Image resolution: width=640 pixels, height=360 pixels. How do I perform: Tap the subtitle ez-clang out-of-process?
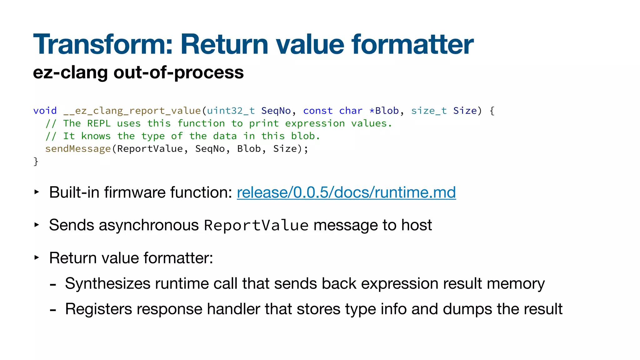pyautogui.click(x=138, y=72)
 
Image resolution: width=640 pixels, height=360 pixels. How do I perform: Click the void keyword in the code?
pyautogui.click(x=45, y=111)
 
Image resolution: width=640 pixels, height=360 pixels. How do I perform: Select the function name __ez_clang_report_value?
pyautogui.click(x=132, y=111)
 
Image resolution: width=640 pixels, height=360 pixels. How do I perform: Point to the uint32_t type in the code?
pyautogui.click(x=231, y=111)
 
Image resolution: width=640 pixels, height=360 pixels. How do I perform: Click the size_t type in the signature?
pyautogui.click(x=429, y=111)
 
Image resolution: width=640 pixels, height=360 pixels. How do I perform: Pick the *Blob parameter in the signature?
pyautogui.click(x=384, y=111)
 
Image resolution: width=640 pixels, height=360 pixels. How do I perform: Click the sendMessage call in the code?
pyautogui.click(x=78, y=149)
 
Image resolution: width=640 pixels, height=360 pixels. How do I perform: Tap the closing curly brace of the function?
pyautogui.click(x=36, y=161)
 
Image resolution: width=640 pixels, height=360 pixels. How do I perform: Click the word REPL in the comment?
pyautogui.click(x=99, y=123)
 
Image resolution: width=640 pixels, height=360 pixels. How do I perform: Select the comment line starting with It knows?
pyautogui.click(x=182, y=136)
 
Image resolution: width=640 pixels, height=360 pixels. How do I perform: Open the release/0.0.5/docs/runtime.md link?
pyautogui.click(x=346, y=192)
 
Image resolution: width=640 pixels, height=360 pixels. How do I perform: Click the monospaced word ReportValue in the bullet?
pyautogui.click(x=256, y=226)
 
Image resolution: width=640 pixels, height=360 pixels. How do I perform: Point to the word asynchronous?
pyautogui.click(x=149, y=225)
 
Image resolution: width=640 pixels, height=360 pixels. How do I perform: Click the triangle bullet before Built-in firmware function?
pyautogui.click(x=37, y=192)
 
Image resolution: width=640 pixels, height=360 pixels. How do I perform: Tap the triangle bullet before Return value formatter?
pyautogui.click(x=37, y=257)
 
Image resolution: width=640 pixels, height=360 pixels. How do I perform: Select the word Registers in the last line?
pyautogui.click(x=98, y=309)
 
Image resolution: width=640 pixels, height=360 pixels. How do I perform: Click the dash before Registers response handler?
pyautogui.click(x=53, y=310)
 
